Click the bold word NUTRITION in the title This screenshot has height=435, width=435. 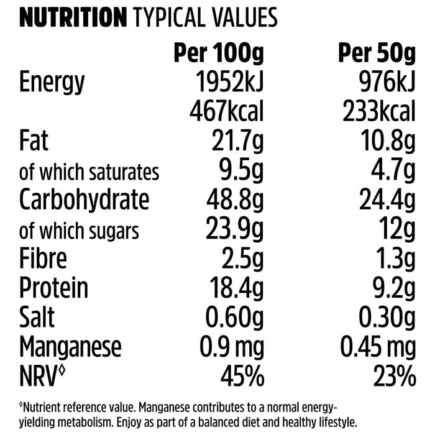(x=73, y=18)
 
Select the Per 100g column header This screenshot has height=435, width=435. (x=218, y=55)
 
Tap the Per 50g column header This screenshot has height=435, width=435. (x=377, y=55)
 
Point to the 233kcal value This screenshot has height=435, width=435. (x=379, y=112)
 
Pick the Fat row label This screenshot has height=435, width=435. (x=34, y=142)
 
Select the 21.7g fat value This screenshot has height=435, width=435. (x=234, y=142)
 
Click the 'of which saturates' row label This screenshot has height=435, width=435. (x=89, y=172)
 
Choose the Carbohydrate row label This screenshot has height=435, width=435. (x=85, y=201)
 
